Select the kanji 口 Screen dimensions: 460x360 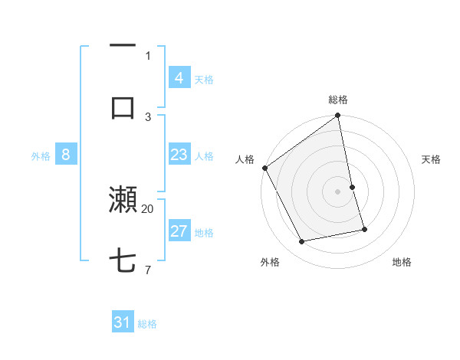click(x=123, y=107)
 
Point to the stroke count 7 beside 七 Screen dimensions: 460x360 click(x=148, y=270)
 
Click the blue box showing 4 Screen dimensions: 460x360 click(x=179, y=78)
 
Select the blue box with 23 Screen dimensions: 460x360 click(x=179, y=155)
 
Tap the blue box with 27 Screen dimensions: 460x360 click(x=179, y=232)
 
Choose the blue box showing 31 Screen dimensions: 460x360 click(x=123, y=323)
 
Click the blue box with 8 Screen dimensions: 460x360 click(x=66, y=155)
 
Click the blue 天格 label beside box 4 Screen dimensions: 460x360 click(x=204, y=79)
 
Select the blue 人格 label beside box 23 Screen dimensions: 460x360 click(x=204, y=156)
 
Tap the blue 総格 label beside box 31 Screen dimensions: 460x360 click(x=147, y=324)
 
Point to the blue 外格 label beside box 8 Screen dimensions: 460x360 click(x=41, y=156)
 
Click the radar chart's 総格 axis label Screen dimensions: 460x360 click(x=338, y=100)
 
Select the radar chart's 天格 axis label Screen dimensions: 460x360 click(x=432, y=159)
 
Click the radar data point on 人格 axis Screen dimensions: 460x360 click(x=265, y=168)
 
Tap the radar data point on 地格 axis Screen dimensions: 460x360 click(x=364, y=229)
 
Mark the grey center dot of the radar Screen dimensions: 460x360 click(x=338, y=191)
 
